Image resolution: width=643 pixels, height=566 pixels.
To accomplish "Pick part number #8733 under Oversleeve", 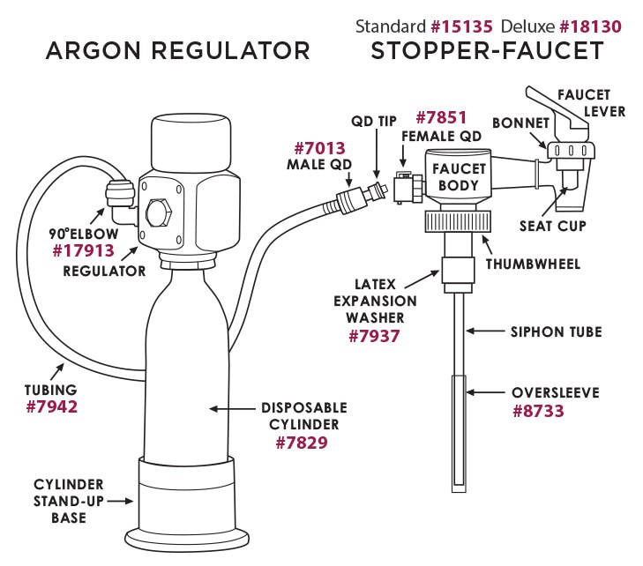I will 542,410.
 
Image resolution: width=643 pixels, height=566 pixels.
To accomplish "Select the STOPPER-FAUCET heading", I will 487,50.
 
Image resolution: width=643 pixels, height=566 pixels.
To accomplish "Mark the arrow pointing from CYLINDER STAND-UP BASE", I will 124,500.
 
